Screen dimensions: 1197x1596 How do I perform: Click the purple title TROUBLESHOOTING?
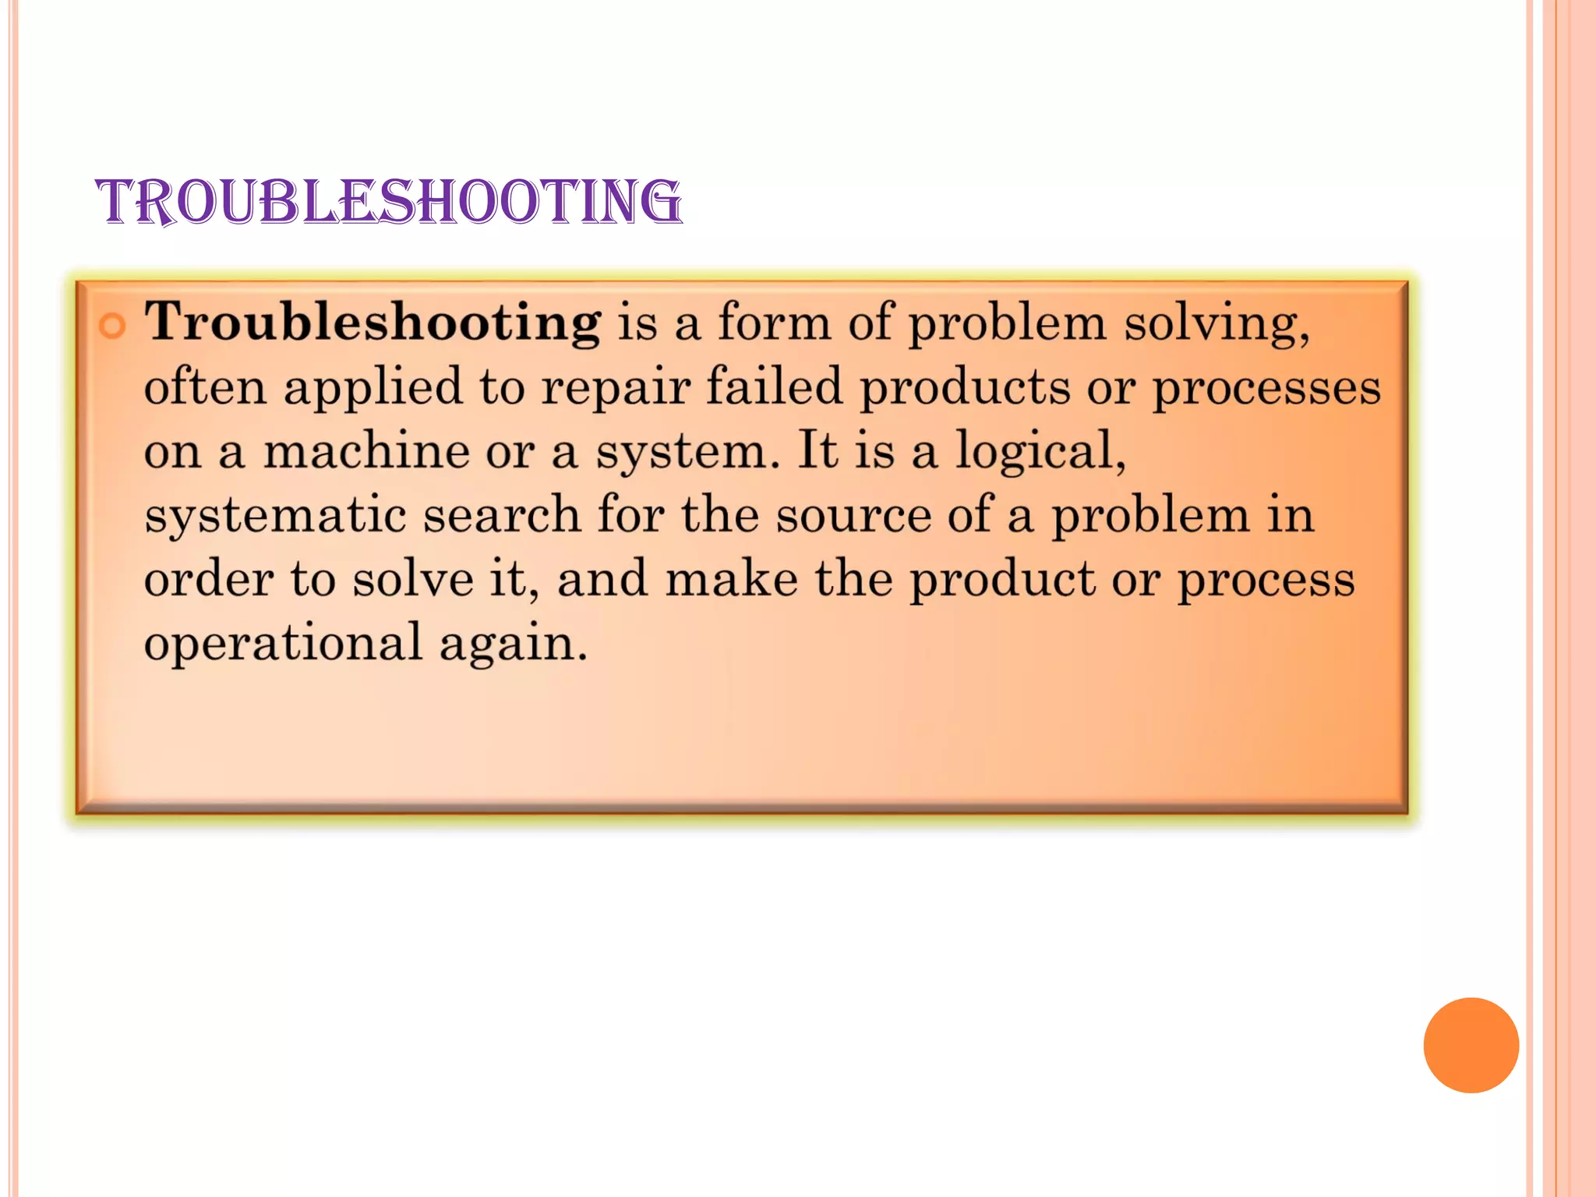click(388, 201)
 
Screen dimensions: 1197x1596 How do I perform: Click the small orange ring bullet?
click(112, 325)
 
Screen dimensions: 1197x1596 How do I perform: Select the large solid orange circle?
click(1471, 1045)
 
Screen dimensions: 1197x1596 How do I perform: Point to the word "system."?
click(687, 452)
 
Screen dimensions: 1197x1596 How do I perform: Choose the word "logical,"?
click(1041, 450)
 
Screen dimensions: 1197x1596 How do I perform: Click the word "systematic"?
click(275, 515)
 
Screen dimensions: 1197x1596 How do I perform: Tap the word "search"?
click(501, 514)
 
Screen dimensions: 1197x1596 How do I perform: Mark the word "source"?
click(853, 516)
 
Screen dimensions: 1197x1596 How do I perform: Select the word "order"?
click(209, 579)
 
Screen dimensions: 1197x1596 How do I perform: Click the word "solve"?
click(412, 579)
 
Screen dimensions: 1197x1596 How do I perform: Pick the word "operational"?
click(283, 644)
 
